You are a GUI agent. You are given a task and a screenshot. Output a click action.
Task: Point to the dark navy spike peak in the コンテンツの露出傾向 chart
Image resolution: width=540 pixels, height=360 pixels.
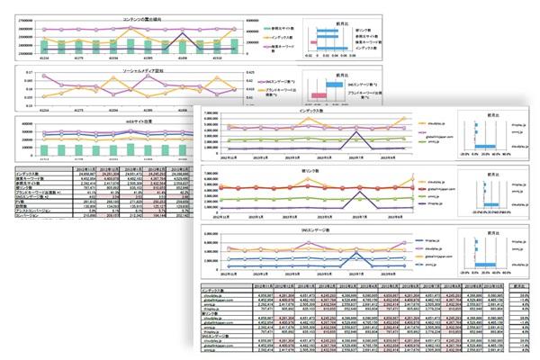tap(185, 32)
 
